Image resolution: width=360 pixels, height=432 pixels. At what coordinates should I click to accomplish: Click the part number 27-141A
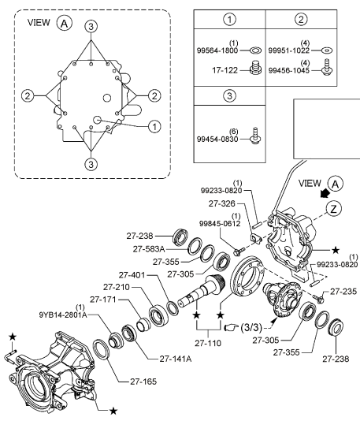[176, 359]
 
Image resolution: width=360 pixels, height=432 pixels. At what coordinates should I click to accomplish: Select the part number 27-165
[143, 382]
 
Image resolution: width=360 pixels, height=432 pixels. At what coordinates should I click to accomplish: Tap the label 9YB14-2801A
[63, 315]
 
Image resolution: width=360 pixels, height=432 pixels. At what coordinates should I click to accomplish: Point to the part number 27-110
[208, 343]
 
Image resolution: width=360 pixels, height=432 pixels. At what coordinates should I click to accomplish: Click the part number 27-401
[132, 275]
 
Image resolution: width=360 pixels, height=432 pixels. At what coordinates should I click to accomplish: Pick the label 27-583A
[149, 249]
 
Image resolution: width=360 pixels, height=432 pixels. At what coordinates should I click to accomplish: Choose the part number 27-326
[222, 203]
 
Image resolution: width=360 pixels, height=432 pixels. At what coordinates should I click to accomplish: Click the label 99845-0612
[220, 223]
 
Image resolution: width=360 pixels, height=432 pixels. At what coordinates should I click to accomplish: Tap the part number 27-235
[343, 291]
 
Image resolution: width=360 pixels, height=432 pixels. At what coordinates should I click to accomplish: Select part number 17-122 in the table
[225, 70]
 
